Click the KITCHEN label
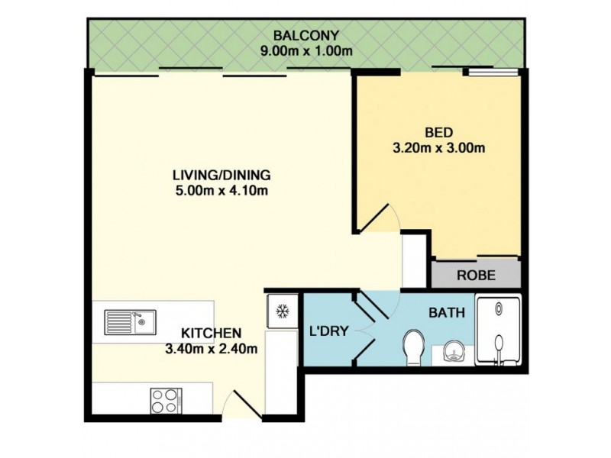(212, 334)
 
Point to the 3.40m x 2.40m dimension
(212, 350)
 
